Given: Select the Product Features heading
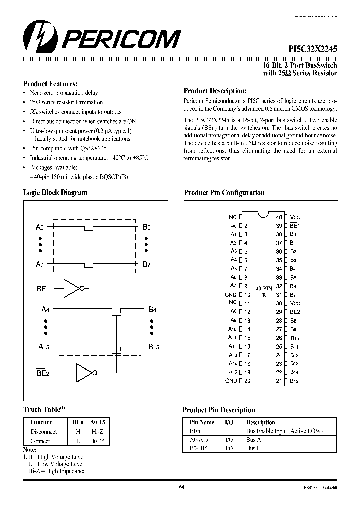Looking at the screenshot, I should pos(50,84).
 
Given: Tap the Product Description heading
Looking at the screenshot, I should pos(215,91).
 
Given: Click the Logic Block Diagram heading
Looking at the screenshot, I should pos(55,192).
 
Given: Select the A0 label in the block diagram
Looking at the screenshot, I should pos(40,227).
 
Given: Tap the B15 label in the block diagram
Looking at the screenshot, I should pos(153,346).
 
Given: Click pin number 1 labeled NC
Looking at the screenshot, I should pos(245,217).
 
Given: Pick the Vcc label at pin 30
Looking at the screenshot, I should pos(295,303).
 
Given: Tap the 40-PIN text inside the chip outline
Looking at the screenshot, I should pos(263,289).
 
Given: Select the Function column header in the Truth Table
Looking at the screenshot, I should pos(41,422).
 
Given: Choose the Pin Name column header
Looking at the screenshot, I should pos(202,422).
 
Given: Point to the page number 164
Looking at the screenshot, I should pos(181,487).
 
